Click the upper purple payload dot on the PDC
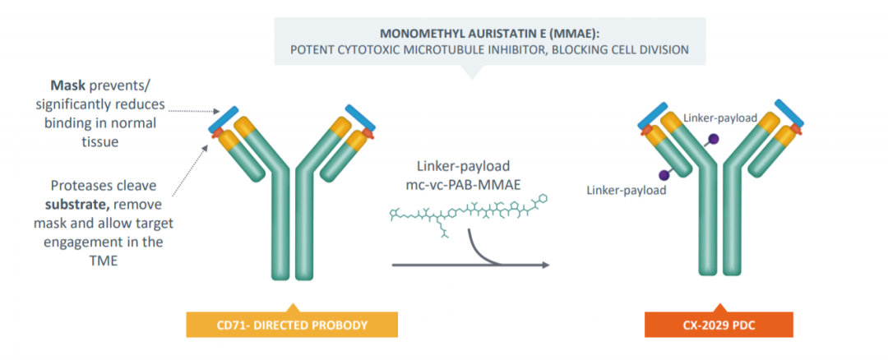(715, 138)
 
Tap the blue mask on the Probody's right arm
(361, 118)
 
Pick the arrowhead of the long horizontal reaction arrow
(545, 265)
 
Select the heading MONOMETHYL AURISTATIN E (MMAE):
(490, 34)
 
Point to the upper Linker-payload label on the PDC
(720, 118)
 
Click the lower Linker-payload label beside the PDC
(627, 190)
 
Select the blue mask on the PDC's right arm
(790, 113)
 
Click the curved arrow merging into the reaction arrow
(479, 249)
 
